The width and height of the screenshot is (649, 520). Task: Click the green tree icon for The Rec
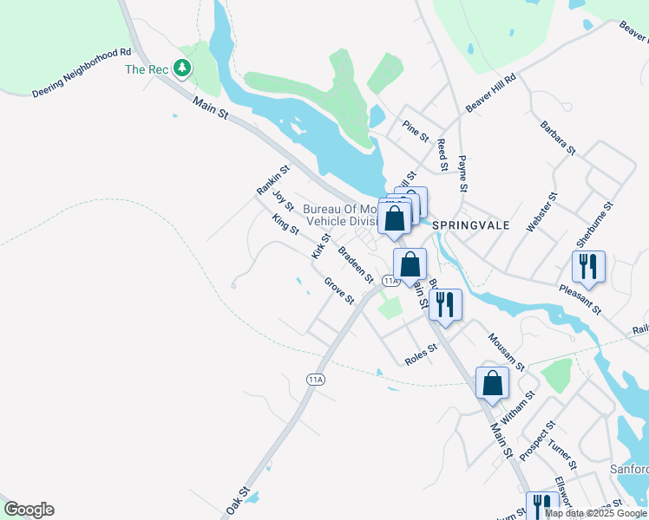click(x=182, y=67)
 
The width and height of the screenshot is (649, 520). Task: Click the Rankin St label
click(x=272, y=179)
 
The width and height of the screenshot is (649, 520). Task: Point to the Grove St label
click(x=339, y=290)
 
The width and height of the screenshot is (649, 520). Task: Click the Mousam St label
click(x=507, y=352)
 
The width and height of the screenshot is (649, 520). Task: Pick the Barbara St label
click(x=558, y=138)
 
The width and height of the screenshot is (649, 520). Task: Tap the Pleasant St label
click(x=580, y=298)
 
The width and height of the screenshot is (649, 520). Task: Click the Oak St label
click(x=237, y=502)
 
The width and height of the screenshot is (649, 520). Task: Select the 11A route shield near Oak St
click(x=315, y=380)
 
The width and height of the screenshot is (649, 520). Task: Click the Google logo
click(x=29, y=510)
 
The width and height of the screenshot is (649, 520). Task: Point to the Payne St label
click(x=463, y=174)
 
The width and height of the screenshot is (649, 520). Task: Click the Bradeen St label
click(x=356, y=265)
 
